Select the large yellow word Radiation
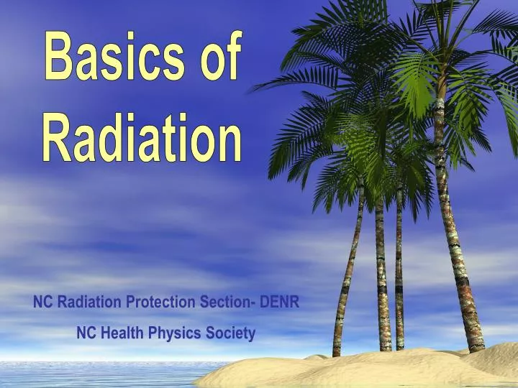tap(142, 137)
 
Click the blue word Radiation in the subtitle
tap(90, 302)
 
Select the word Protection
tap(162, 302)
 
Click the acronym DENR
tap(280, 302)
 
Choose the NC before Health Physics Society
tap(86, 333)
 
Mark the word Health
tap(122, 333)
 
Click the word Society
tap(230, 333)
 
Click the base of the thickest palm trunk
tap(473, 345)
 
